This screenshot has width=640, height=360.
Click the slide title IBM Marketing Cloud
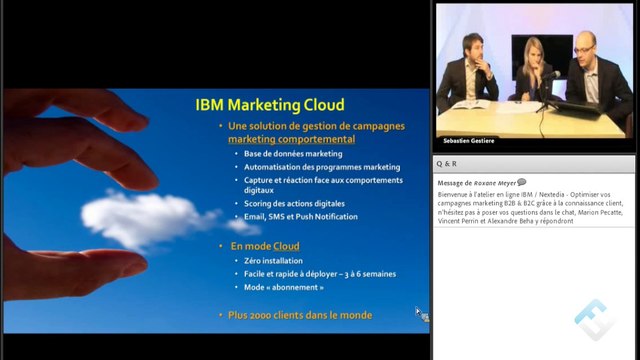coord(269,104)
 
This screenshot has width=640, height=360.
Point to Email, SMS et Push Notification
coord(301,216)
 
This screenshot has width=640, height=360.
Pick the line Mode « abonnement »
coord(284,286)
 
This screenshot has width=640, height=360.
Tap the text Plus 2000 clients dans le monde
coord(300,315)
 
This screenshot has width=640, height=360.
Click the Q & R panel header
coord(447,162)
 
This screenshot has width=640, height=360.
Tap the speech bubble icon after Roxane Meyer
coord(521,182)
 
